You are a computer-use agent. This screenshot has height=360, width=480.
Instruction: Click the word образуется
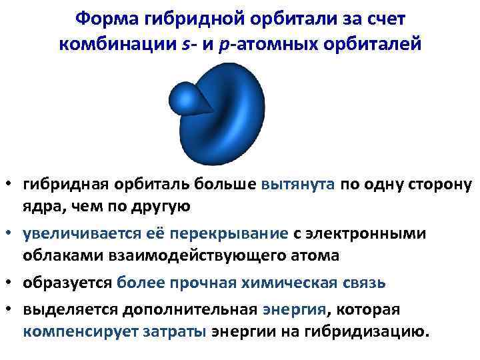67,282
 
